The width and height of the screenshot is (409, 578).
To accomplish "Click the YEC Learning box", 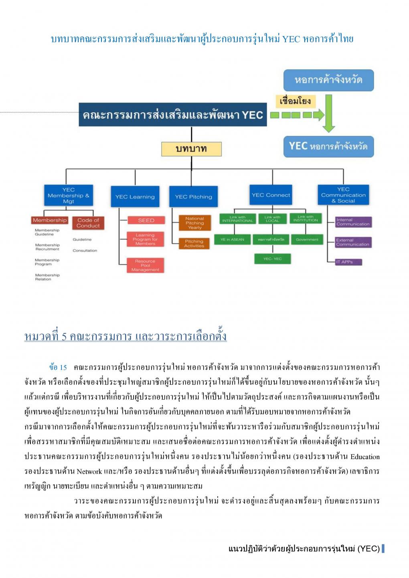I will point(135,197).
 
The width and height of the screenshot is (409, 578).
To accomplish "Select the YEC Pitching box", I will point(193,197).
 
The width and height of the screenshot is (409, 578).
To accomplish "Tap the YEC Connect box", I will point(271,195).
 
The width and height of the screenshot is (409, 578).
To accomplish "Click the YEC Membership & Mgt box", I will point(68,196).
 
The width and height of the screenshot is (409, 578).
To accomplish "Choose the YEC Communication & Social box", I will point(343,195).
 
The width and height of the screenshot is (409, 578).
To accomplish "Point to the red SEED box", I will point(146,220).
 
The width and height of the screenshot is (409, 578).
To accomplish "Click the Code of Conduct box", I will point(88,223).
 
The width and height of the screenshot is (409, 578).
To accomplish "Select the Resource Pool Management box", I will point(145,265).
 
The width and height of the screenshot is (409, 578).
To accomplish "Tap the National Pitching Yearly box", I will point(194,223).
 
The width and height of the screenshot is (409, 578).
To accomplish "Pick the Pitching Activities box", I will point(194,244).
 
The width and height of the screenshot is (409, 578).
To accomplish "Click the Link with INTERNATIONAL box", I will point(237,218).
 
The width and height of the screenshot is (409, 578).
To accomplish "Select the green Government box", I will point(307,240).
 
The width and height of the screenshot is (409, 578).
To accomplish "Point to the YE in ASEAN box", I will point(232,240).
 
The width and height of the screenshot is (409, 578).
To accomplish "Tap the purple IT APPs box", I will point(345,262).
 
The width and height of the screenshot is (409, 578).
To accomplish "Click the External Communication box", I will point(353,242).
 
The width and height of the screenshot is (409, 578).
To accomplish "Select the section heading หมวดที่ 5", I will point(126,336).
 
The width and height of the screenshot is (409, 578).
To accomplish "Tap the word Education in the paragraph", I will point(364,457).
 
